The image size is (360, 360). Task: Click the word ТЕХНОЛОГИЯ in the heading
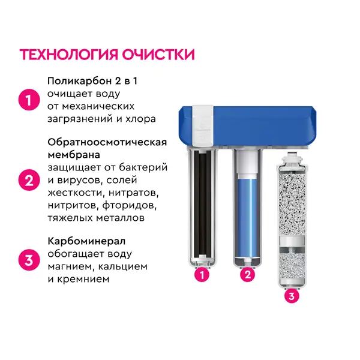[x=68, y=55]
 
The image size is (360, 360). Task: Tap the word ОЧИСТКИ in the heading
[x=158, y=55]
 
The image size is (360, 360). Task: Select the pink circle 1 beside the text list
[x=29, y=100]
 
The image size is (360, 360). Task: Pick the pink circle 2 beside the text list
[x=29, y=180]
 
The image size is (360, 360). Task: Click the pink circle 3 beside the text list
[x=29, y=260]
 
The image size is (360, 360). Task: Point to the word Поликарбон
[x=79, y=81]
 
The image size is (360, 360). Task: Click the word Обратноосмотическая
[x=107, y=142]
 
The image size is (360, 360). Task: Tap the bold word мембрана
[x=74, y=155]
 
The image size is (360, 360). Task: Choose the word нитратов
[x=134, y=193]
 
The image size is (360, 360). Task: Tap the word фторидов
[x=130, y=205]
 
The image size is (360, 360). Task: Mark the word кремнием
[x=83, y=280]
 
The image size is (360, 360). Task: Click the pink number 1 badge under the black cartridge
[x=202, y=275]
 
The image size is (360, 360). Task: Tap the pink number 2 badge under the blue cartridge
[x=248, y=274]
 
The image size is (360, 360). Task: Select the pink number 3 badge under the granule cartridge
[x=292, y=296]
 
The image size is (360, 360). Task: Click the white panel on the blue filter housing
[x=203, y=125]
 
